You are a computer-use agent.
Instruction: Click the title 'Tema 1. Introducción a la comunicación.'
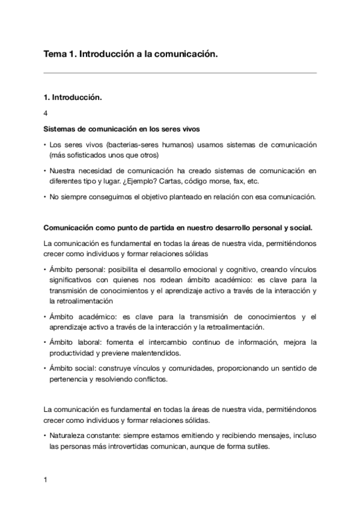click(130, 54)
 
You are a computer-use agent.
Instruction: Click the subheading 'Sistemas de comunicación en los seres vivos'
click(121, 129)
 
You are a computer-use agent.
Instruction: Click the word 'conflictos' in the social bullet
click(152, 379)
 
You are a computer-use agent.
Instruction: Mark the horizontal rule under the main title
click(180, 73)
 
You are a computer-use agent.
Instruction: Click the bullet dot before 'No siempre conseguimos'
click(45, 197)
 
